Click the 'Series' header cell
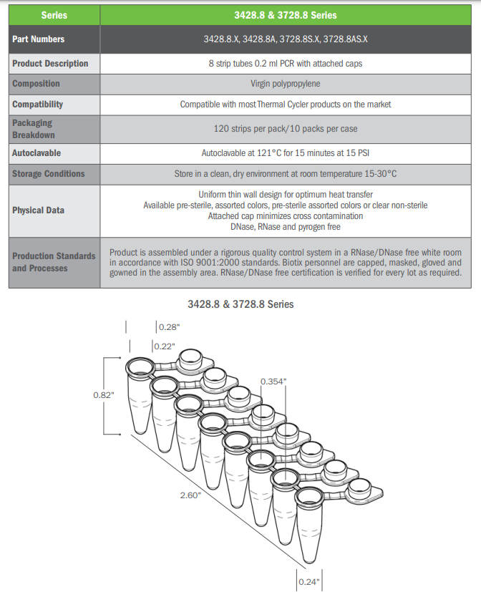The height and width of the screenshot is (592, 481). pos(54,14)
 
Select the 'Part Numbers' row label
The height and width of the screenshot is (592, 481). pos(38,39)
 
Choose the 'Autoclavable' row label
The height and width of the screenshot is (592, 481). pos(37,153)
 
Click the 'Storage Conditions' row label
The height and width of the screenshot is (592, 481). pos(49,174)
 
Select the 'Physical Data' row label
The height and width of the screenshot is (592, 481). pos(38,210)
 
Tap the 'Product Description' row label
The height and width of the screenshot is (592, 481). pos(50,64)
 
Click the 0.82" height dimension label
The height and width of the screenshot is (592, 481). pos(104,395)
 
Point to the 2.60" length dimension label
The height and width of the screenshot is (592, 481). pos(190,495)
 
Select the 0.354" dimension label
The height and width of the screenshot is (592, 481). pos(273,382)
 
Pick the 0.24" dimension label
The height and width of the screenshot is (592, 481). pos(308,581)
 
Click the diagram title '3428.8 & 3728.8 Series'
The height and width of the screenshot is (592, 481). pos(240,304)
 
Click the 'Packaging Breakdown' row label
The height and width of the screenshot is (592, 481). pos(33,129)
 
